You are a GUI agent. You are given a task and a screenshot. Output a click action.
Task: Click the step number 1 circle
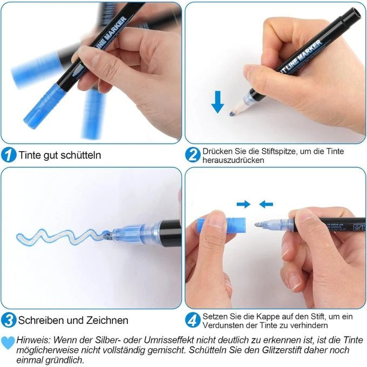tap(9, 155)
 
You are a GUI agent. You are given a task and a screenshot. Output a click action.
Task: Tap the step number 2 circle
tap(193, 155)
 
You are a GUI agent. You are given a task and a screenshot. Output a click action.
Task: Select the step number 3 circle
tap(9, 320)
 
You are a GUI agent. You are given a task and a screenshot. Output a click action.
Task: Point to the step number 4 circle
tap(193, 320)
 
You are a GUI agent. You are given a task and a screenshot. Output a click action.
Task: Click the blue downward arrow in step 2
tap(218, 101)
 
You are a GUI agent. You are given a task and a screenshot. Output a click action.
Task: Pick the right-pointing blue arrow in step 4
tap(244, 204)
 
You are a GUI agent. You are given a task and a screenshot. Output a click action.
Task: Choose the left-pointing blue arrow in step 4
tap(266, 204)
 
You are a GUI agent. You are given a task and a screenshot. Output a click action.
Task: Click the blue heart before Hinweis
tap(8, 341)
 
